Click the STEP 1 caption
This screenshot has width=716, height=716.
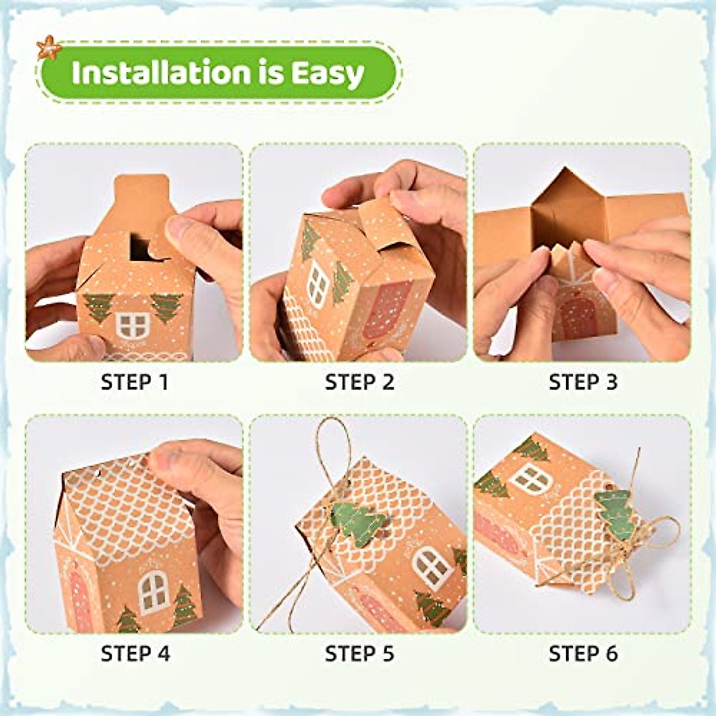coord(135,382)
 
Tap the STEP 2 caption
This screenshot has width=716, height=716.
coord(359,382)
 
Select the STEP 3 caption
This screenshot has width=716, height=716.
coord(583,382)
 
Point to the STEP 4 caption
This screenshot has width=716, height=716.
coord(135,653)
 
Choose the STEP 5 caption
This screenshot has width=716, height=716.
coord(359,653)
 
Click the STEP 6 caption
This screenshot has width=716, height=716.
coord(583,653)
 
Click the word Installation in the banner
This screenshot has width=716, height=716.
coord(161,72)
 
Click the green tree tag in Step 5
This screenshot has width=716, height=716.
coord(357,523)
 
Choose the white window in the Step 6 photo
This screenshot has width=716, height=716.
coord(530,477)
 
